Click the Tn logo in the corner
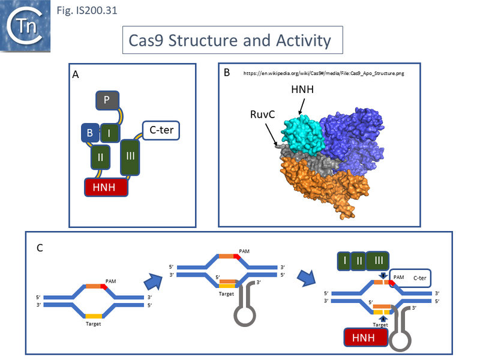pyautogui.click(x=25, y=26)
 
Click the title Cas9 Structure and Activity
pyautogui.click(x=230, y=41)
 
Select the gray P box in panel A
pyautogui.click(x=106, y=100)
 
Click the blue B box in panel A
pyautogui.click(x=89, y=134)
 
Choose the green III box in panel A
pyautogui.click(x=131, y=157)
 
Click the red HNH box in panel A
pyautogui.click(x=106, y=188)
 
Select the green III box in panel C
pyautogui.click(x=379, y=261)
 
